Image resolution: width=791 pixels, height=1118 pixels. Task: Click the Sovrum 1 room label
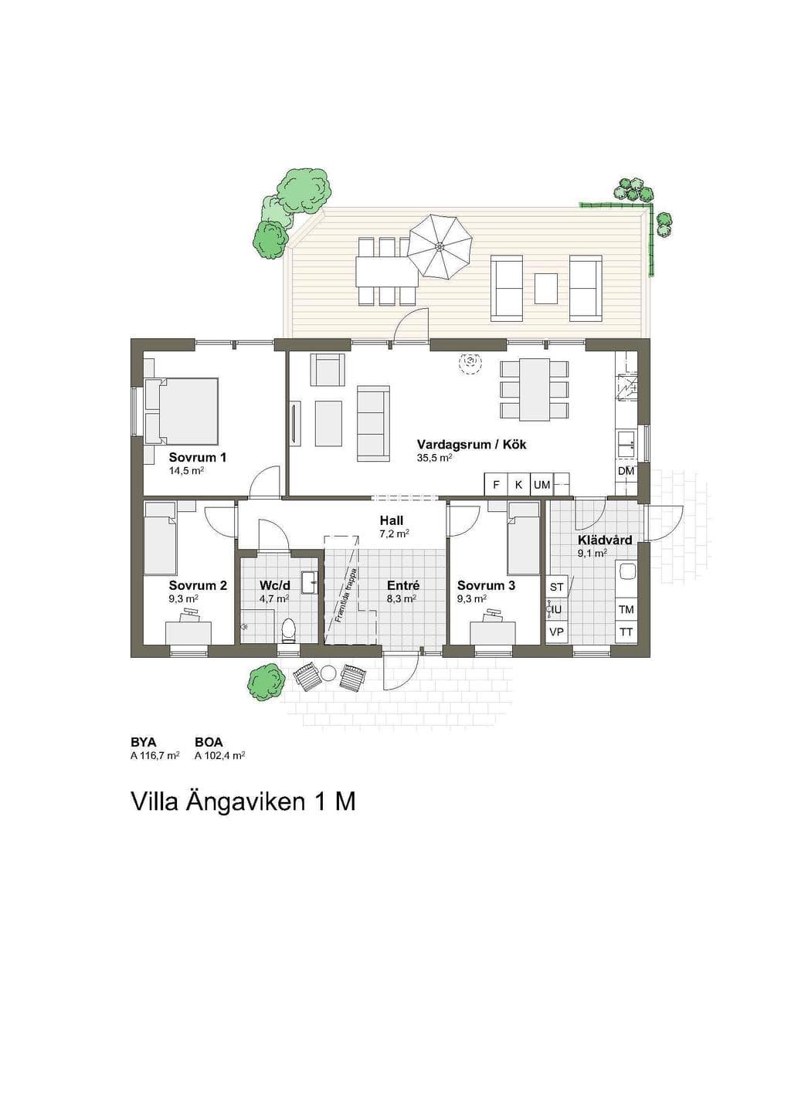[x=197, y=457]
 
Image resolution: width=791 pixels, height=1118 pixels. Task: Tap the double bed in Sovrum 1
[x=182, y=411]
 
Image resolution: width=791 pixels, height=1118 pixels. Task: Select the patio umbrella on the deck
[x=440, y=246]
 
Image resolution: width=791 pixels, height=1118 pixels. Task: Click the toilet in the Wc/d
[x=288, y=630]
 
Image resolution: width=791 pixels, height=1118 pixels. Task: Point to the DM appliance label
[x=626, y=471]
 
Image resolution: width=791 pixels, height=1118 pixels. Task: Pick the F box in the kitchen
[x=496, y=484]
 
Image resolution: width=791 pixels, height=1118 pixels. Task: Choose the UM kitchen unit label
[x=541, y=484]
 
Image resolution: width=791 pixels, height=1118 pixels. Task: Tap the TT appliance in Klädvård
[x=626, y=632]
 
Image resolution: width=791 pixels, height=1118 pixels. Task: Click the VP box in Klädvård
[x=556, y=632]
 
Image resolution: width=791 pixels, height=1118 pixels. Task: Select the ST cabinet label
[x=556, y=588]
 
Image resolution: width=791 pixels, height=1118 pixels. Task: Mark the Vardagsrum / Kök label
[x=471, y=444]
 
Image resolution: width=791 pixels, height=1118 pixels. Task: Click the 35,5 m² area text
[x=434, y=458]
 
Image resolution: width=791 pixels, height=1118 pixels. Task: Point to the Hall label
[x=391, y=521]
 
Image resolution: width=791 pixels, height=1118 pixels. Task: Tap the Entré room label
[x=403, y=585]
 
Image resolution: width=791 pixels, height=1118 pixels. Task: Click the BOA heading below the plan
[x=209, y=744]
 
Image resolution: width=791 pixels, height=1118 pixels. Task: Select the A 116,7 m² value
[x=154, y=756]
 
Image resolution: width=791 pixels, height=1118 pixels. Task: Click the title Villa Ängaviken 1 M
[x=243, y=802]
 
